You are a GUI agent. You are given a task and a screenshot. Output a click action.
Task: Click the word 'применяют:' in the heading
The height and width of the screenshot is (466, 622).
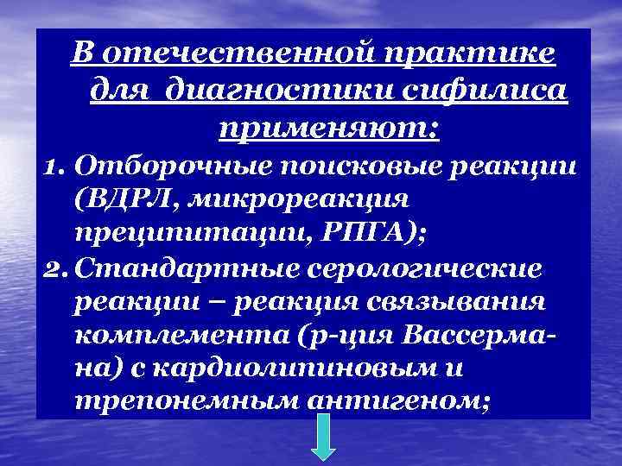[329, 129]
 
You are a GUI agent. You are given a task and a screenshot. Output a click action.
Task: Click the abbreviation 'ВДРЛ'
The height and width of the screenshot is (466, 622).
[107, 199]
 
